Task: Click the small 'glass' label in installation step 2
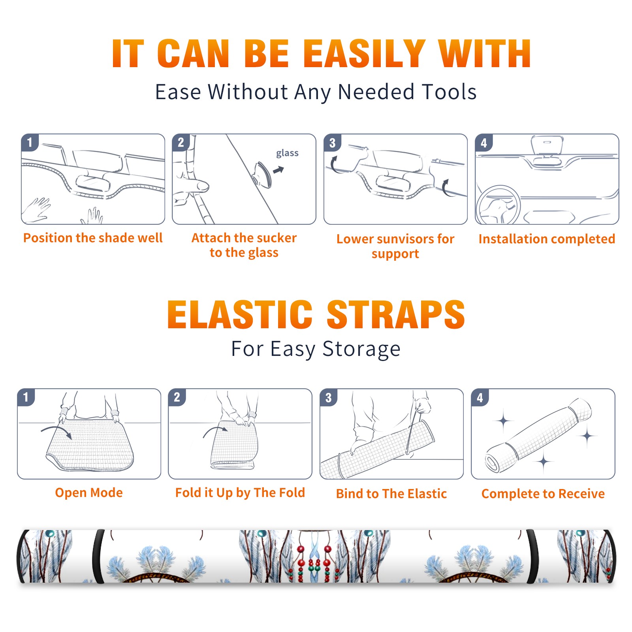[287, 153]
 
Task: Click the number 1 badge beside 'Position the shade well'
[30, 142]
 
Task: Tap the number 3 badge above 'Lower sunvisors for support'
[332, 143]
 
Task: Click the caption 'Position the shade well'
[93, 238]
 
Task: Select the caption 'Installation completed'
[547, 239]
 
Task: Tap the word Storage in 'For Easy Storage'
[361, 350]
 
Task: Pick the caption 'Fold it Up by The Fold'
[240, 493]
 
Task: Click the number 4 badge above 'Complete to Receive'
[480, 397]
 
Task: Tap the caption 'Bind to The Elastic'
[391, 494]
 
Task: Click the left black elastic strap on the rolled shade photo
[99, 556]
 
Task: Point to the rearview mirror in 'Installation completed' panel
[547, 145]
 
